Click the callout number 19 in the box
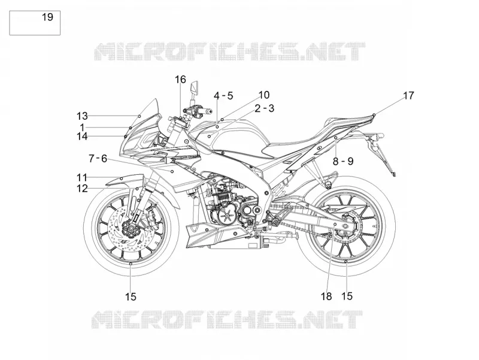[x=47, y=17]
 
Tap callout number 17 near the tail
[x=408, y=96]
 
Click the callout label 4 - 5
[x=223, y=96]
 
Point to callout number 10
[x=264, y=95]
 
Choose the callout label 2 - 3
[x=265, y=108]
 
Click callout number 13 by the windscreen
[x=82, y=116]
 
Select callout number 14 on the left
[x=82, y=137]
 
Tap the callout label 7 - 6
[x=98, y=158]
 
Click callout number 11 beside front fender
[x=81, y=177]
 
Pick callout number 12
[x=82, y=189]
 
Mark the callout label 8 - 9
[x=342, y=161]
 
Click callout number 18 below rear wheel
[x=326, y=296]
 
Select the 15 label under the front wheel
[x=131, y=297]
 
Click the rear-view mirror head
[x=194, y=87]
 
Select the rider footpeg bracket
[x=273, y=217]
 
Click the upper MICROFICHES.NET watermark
[x=229, y=52]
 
